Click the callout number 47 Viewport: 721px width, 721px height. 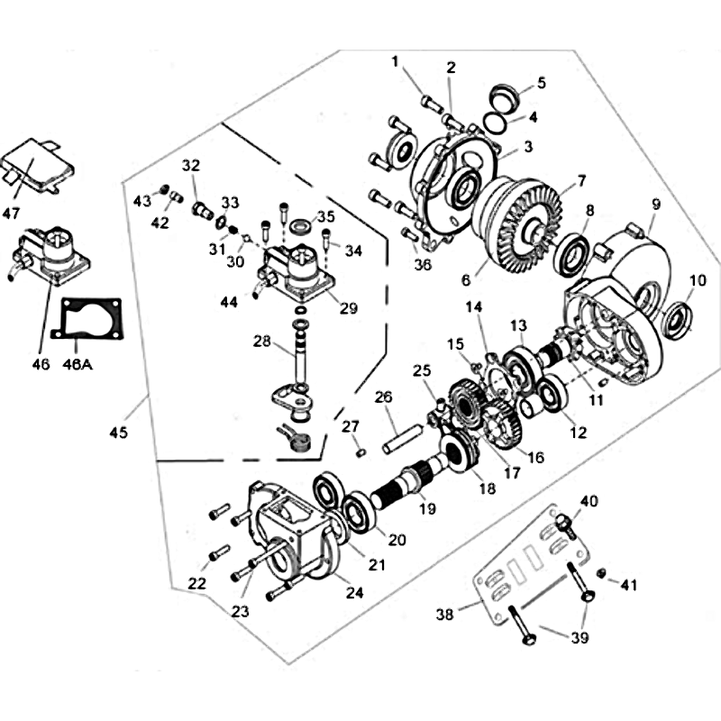[x=12, y=213]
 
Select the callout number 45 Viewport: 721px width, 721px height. [x=118, y=433]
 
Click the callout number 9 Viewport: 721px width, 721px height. [x=656, y=204]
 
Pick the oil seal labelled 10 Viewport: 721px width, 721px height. [x=678, y=320]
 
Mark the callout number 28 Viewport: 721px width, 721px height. [x=262, y=342]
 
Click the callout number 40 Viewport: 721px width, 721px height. [x=589, y=501]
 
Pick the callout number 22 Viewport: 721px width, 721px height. [x=196, y=584]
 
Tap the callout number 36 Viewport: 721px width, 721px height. [x=423, y=264]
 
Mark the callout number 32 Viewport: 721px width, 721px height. [x=190, y=166]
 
